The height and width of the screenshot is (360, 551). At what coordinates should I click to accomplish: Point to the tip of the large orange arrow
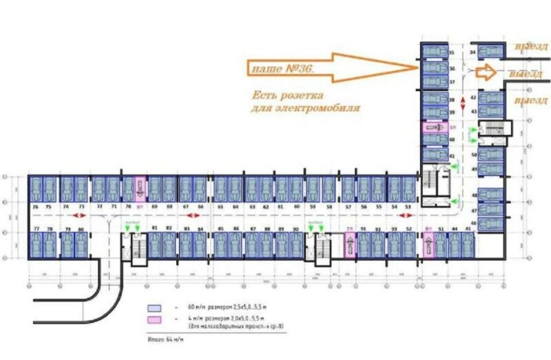click(416, 67)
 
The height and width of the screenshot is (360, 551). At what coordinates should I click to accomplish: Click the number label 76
click(35, 207)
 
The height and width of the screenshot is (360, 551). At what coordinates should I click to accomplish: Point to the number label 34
click(472, 52)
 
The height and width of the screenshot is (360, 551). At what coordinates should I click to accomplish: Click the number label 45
click(468, 228)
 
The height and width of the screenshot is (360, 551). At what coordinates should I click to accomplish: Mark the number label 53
click(408, 207)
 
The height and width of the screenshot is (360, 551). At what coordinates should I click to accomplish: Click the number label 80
click(82, 229)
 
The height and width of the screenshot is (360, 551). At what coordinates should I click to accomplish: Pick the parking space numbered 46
click(490, 224)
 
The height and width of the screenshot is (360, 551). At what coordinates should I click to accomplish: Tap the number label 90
click(295, 229)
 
